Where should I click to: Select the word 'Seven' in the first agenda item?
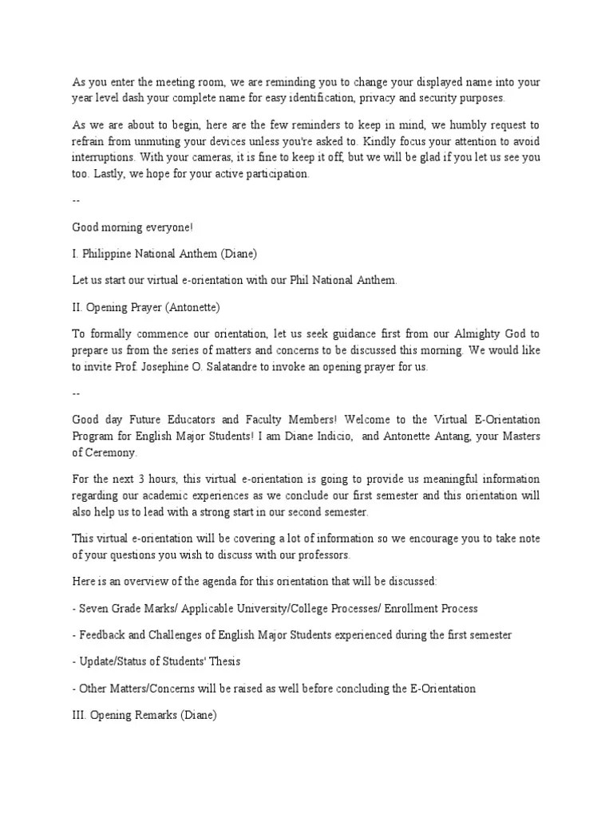pyautogui.click(x=93, y=608)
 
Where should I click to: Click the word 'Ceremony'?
pyautogui.click(x=112, y=452)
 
